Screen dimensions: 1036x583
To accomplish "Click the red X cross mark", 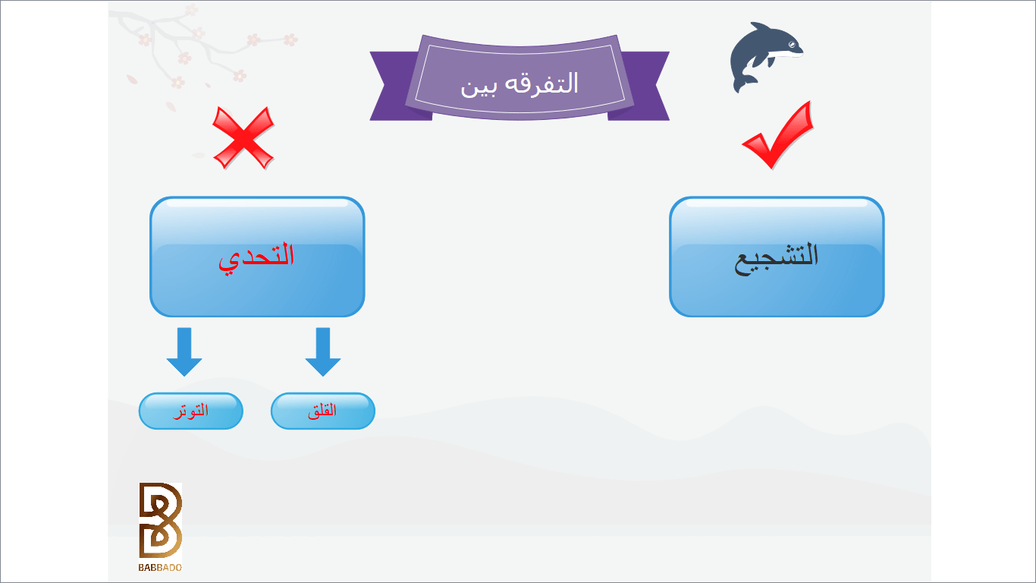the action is [x=243, y=137].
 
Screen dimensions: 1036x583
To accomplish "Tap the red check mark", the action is [x=778, y=135].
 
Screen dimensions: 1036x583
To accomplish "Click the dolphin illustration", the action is [x=765, y=56].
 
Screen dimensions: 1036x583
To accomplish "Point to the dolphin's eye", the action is [x=793, y=45].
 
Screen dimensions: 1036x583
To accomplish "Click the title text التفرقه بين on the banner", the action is [x=519, y=84].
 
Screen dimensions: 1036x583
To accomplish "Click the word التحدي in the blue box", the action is [x=256, y=258].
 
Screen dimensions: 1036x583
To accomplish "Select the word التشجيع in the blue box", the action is [x=777, y=258].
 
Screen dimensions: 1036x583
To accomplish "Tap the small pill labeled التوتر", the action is [x=191, y=411].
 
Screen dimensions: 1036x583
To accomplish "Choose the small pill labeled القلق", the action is [x=323, y=411].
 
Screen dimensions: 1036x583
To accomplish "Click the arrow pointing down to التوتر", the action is [x=184, y=352].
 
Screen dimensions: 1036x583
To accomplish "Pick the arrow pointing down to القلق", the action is [x=323, y=352].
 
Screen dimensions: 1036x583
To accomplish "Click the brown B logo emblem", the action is [x=160, y=520].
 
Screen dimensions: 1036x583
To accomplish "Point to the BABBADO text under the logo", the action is [x=160, y=567].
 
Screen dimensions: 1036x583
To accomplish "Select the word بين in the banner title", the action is [x=479, y=86].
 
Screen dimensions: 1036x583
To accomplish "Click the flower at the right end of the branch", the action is [x=290, y=39].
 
